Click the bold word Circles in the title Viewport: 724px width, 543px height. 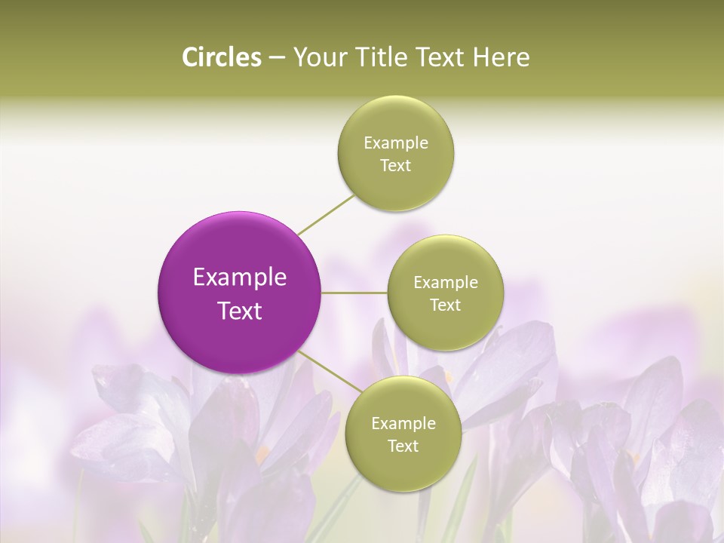221,57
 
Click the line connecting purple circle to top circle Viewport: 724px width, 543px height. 326,213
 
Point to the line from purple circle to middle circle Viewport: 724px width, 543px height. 354,293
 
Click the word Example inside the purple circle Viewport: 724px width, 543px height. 240,278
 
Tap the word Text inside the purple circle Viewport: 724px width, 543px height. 240,311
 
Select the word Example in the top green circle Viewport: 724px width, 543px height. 396,143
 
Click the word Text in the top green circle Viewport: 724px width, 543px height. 395,166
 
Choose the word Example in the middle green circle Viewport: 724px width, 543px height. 446,283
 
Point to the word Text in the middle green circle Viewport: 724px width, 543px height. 445,305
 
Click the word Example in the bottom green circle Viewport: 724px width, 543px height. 403,424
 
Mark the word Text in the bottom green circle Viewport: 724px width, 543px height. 403,446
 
